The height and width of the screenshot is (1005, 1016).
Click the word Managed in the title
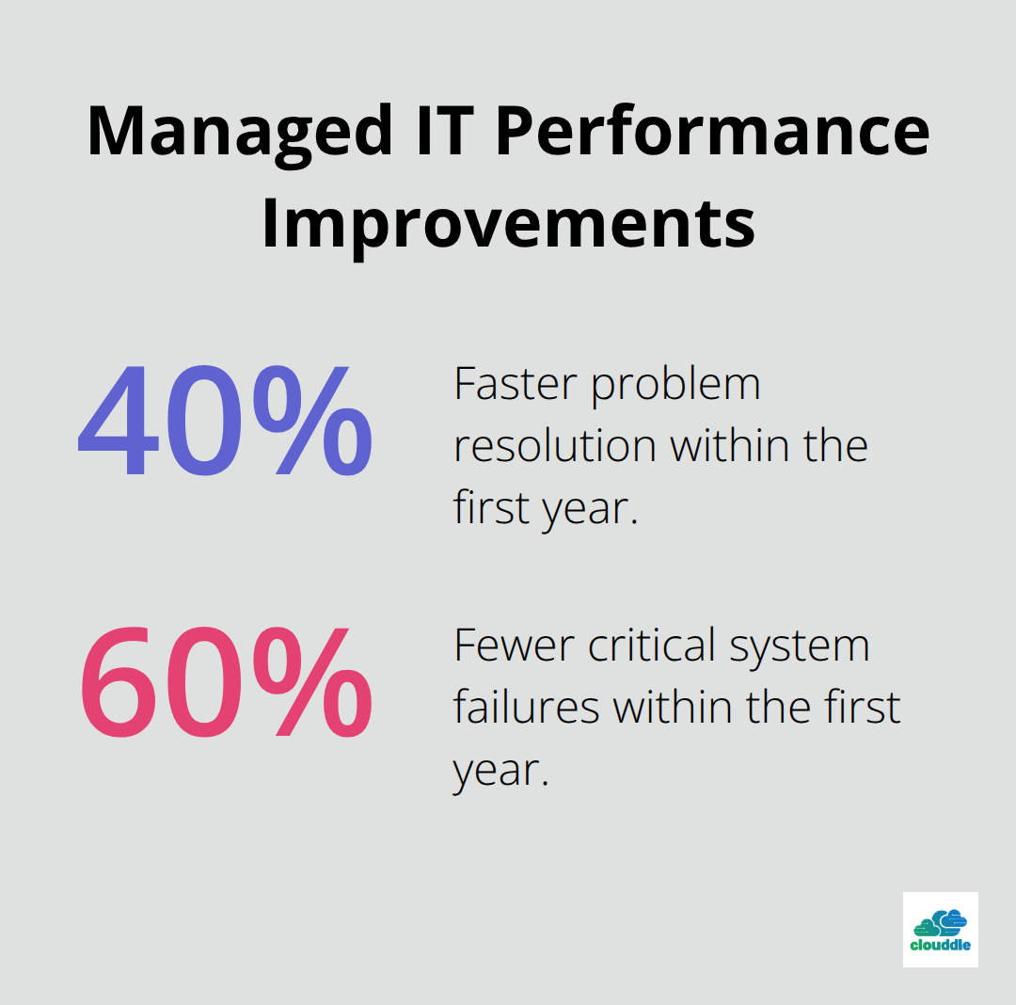click(x=240, y=131)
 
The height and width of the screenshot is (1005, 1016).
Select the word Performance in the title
click(x=712, y=131)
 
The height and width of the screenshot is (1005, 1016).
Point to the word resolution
click(x=554, y=445)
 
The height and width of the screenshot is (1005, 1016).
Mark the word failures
click(x=526, y=707)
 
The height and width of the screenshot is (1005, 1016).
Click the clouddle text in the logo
click(x=940, y=945)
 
